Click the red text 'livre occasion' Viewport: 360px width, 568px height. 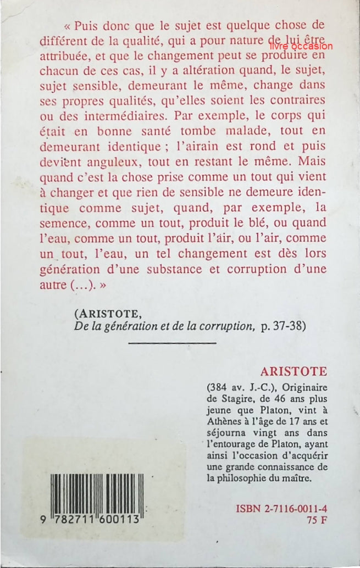pos(301,47)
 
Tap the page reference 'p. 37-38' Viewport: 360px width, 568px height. pos(283,325)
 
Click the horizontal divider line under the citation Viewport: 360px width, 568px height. pos(172,343)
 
